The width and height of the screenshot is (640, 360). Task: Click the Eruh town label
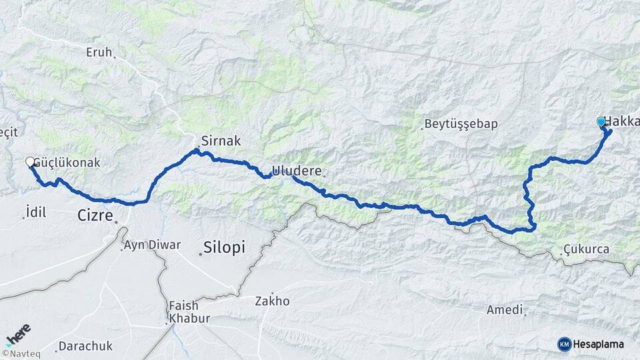pyautogui.click(x=99, y=51)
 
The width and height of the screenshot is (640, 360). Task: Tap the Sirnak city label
pyautogui.click(x=220, y=141)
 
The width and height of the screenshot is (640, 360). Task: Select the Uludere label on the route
pyautogui.click(x=297, y=171)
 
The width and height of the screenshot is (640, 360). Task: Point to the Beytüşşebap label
pyautogui.click(x=461, y=124)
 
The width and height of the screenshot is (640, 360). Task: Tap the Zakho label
pyautogui.click(x=272, y=301)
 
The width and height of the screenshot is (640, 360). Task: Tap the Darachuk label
pyautogui.click(x=85, y=346)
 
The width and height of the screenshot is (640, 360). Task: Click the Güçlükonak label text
pyautogui.click(x=66, y=162)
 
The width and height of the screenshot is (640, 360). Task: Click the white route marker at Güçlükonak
pyautogui.click(x=30, y=161)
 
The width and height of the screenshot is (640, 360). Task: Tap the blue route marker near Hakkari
pyautogui.click(x=601, y=121)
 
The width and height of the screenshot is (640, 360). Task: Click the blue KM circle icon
pyautogui.click(x=564, y=344)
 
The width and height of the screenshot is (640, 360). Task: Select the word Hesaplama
pyautogui.click(x=599, y=344)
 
